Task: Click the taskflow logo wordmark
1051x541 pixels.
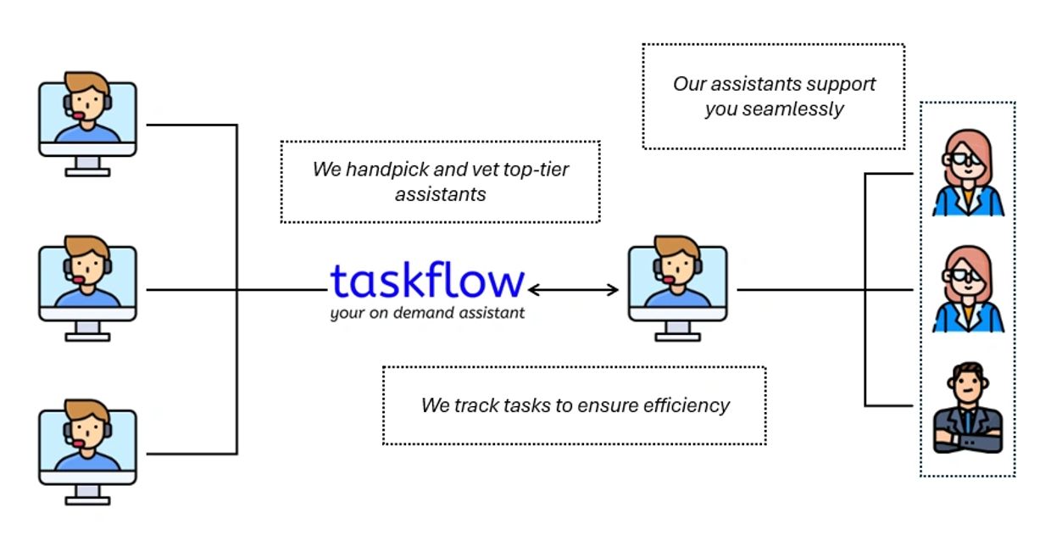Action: pos(427,281)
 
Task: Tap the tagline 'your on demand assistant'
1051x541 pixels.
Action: pos(427,313)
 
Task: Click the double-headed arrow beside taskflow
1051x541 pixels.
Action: pos(573,290)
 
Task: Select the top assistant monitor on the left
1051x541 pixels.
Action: pos(87,123)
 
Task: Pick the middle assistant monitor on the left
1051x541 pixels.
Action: pos(87,287)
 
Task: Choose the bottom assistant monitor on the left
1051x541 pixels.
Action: pos(87,452)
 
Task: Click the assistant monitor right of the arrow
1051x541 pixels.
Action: pos(677,287)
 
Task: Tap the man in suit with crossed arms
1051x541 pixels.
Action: pos(967,407)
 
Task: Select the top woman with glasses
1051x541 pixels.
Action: pos(967,173)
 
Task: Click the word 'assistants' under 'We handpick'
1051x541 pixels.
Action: pos(440,194)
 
